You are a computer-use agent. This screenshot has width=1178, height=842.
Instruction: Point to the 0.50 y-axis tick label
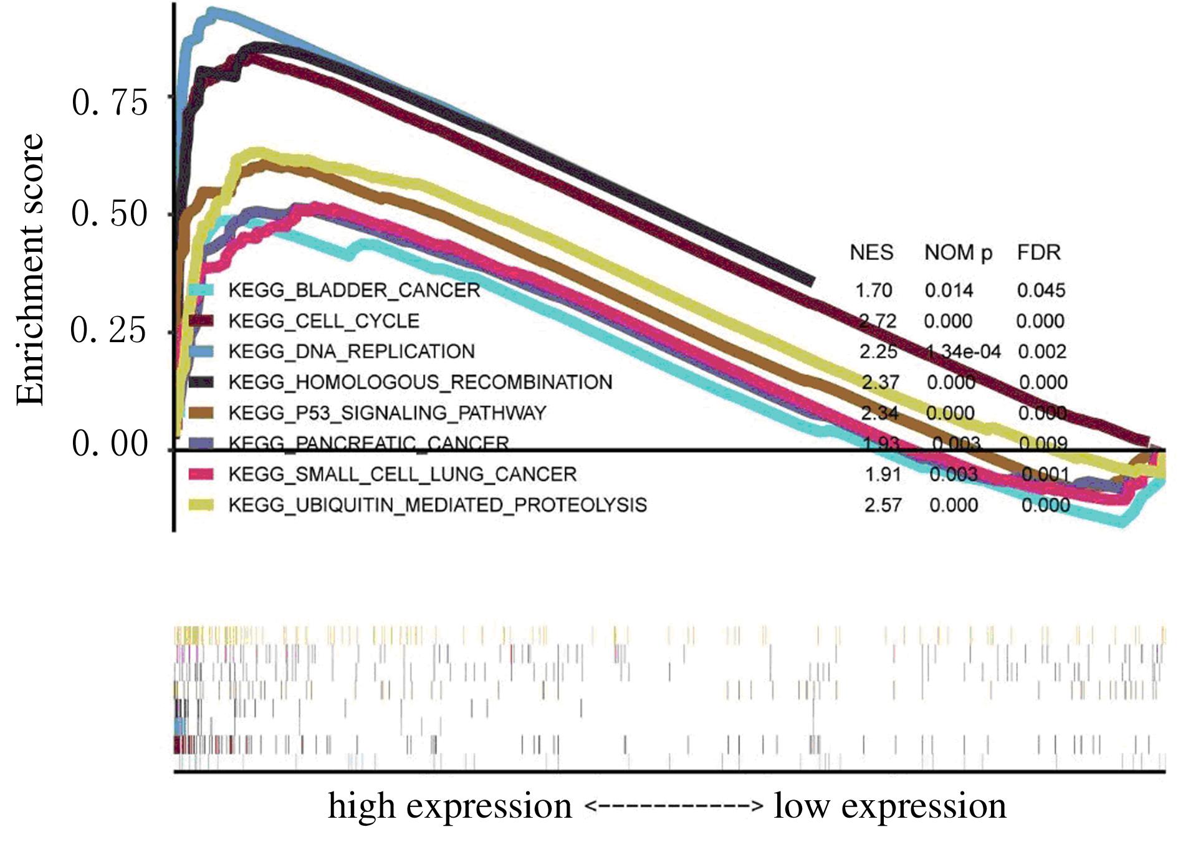(x=110, y=214)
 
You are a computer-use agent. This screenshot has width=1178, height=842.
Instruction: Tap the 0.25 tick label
(x=110, y=330)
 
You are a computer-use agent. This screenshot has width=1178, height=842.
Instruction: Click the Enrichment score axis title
(x=30, y=269)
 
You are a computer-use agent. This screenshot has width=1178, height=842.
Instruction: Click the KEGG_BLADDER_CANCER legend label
(x=354, y=290)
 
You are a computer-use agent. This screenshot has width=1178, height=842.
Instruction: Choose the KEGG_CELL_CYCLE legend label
(x=323, y=321)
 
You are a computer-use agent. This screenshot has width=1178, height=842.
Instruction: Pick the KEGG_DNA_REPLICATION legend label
(x=352, y=352)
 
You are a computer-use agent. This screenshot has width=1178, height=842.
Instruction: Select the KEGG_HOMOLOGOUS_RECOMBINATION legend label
(x=420, y=382)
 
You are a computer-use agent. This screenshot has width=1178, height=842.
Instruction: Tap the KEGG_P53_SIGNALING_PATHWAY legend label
(x=387, y=413)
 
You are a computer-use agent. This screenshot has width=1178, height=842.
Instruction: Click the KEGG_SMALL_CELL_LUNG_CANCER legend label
(x=402, y=474)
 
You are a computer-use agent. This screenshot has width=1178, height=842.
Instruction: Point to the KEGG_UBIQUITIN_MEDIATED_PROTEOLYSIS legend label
(x=438, y=505)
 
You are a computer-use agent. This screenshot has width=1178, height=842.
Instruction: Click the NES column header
(x=871, y=252)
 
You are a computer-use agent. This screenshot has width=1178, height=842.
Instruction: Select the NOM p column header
(x=958, y=253)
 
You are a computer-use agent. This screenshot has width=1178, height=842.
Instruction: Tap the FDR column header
(x=1038, y=252)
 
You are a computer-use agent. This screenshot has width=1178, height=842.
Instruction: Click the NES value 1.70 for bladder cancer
(x=873, y=290)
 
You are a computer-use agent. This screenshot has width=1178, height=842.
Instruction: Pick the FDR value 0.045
(x=1041, y=290)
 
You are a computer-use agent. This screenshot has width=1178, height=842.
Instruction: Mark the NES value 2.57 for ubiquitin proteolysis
(x=883, y=505)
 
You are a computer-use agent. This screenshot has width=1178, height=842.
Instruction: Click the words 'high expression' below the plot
(x=449, y=806)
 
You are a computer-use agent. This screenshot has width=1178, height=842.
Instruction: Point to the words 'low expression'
(x=889, y=806)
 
